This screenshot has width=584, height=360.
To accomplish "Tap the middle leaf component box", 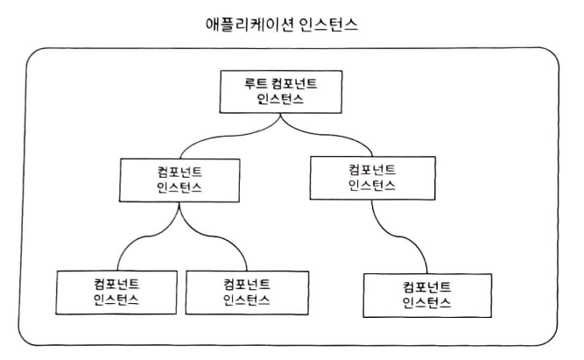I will coord(246,293).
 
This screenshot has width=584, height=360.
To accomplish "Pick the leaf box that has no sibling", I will coord(427,294).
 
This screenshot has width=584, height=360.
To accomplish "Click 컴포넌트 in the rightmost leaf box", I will coord(427,286).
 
